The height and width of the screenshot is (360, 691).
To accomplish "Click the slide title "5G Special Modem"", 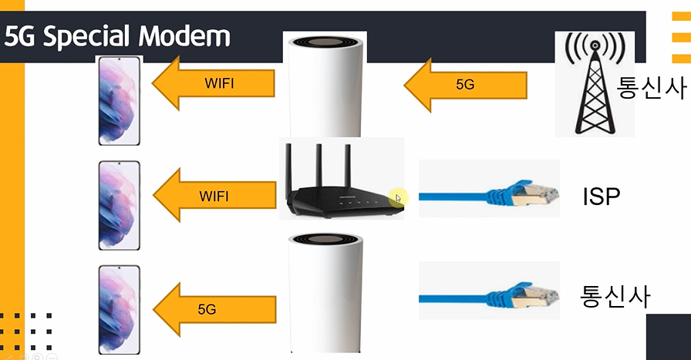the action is [117, 36].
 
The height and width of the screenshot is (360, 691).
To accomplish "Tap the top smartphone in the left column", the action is [118, 100].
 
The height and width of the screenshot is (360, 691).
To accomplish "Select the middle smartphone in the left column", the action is [118, 205].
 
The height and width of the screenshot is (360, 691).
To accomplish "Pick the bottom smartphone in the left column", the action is [118, 309].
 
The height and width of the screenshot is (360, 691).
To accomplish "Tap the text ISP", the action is [602, 197].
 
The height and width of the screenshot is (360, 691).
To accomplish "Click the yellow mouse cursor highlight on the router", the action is [396, 197].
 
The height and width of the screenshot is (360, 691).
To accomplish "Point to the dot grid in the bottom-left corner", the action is [27, 328].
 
